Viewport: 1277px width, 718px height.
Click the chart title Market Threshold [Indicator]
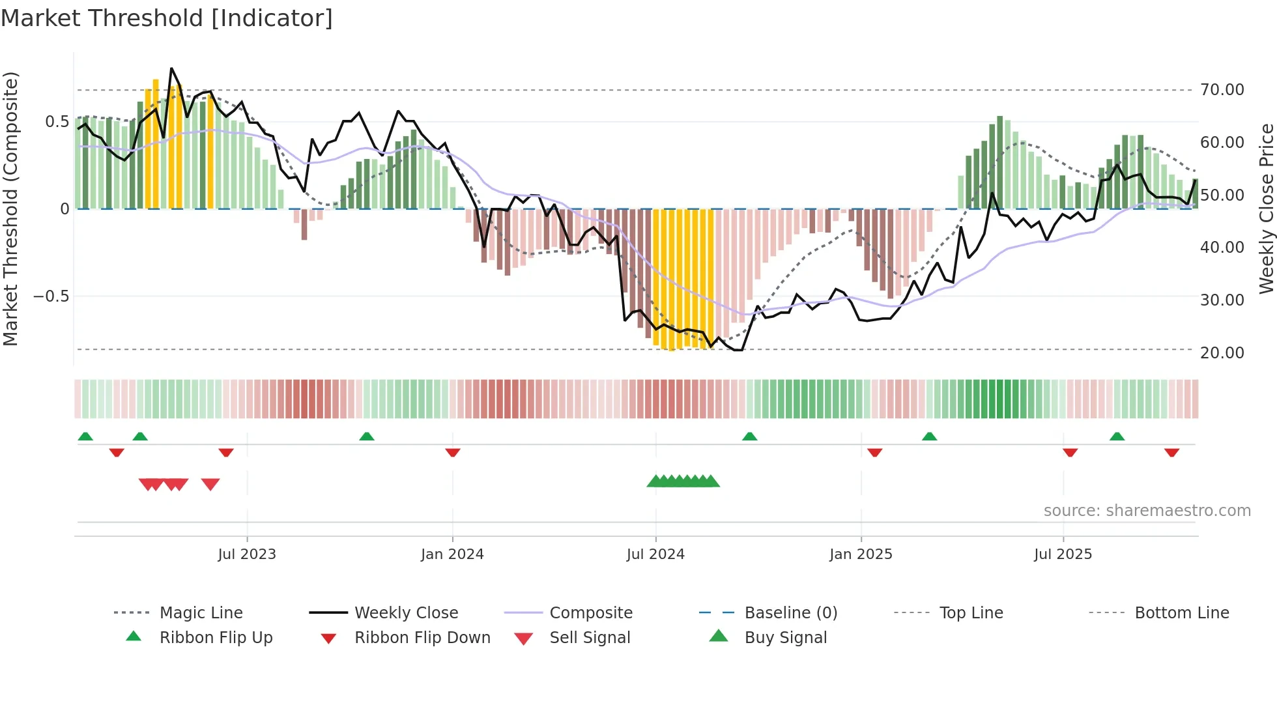click(167, 18)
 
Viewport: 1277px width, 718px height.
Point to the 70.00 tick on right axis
click(1222, 90)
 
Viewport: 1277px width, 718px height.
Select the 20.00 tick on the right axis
click(1222, 352)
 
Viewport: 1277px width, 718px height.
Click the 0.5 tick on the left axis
click(57, 122)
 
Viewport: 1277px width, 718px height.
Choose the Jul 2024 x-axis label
click(655, 554)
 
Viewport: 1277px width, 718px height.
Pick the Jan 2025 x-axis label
click(861, 554)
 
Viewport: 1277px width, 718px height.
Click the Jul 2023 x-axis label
click(247, 554)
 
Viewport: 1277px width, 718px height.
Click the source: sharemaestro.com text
click(1147, 511)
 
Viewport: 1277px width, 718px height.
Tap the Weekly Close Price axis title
click(1266, 208)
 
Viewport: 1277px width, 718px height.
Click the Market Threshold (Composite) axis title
click(10, 208)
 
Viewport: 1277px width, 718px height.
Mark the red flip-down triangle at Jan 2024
click(453, 452)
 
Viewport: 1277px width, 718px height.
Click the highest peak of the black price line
click(171, 68)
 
